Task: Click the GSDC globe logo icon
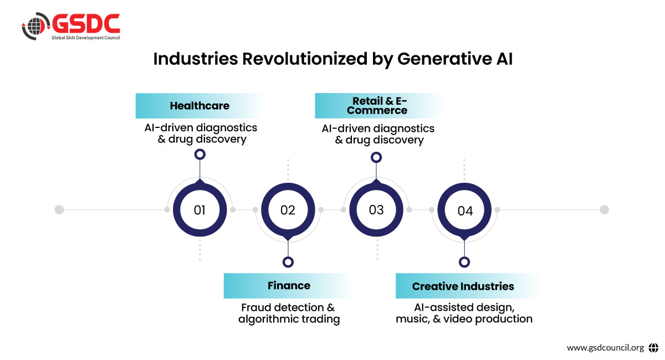[x=35, y=26]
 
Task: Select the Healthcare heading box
[x=199, y=106]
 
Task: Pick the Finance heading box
[x=287, y=285]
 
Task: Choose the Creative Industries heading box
[x=467, y=286]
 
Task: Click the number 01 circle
[x=200, y=209]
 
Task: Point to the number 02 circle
[x=288, y=209]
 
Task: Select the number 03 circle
[x=376, y=209]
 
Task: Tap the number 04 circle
[x=464, y=209]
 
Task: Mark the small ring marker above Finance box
[x=288, y=262]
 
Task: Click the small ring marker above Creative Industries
[x=464, y=262]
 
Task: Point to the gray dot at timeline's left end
[x=59, y=209]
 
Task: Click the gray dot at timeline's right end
[x=605, y=209]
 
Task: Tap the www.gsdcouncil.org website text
[x=605, y=347]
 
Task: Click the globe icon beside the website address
[x=653, y=347]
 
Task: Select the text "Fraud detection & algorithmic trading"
[x=289, y=313]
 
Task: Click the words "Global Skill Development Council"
[x=86, y=38]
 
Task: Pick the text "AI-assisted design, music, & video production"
[x=464, y=313]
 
